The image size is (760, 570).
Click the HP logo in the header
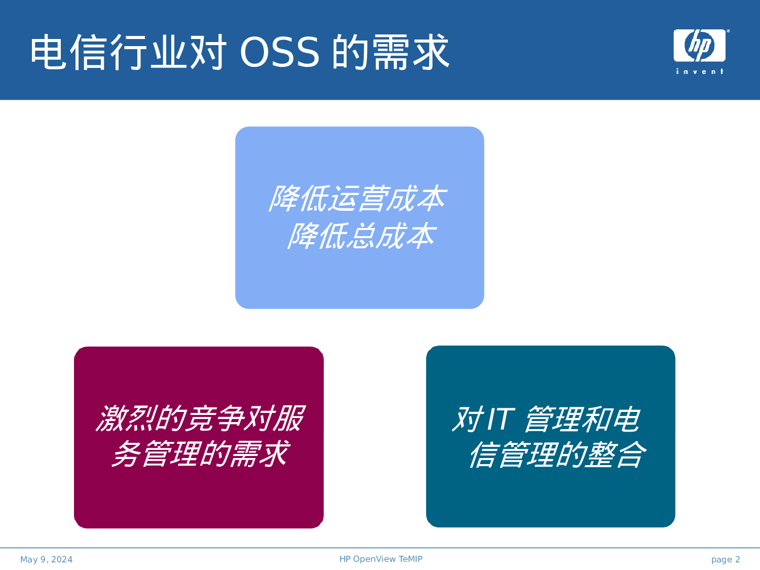pyautogui.click(x=699, y=46)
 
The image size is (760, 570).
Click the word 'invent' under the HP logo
pyautogui.click(x=700, y=71)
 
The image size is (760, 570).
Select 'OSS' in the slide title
pyautogui.click(x=279, y=52)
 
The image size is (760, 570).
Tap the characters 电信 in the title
pyautogui.click(x=69, y=52)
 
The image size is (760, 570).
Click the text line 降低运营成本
pyautogui.click(x=357, y=199)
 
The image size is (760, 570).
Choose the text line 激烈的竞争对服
pyautogui.click(x=200, y=419)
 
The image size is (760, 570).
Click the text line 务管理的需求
pyautogui.click(x=200, y=453)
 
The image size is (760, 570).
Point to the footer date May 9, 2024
pyautogui.click(x=46, y=559)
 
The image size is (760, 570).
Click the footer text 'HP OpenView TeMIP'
pyautogui.click(x=381, y=559)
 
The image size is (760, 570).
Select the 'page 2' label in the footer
pyautogui.click(x=725, y=559)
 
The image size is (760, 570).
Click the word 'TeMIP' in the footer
pyautogui.click(x=410, y=559)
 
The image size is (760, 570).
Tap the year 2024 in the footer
pyautogui.click(x=62, y=559)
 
